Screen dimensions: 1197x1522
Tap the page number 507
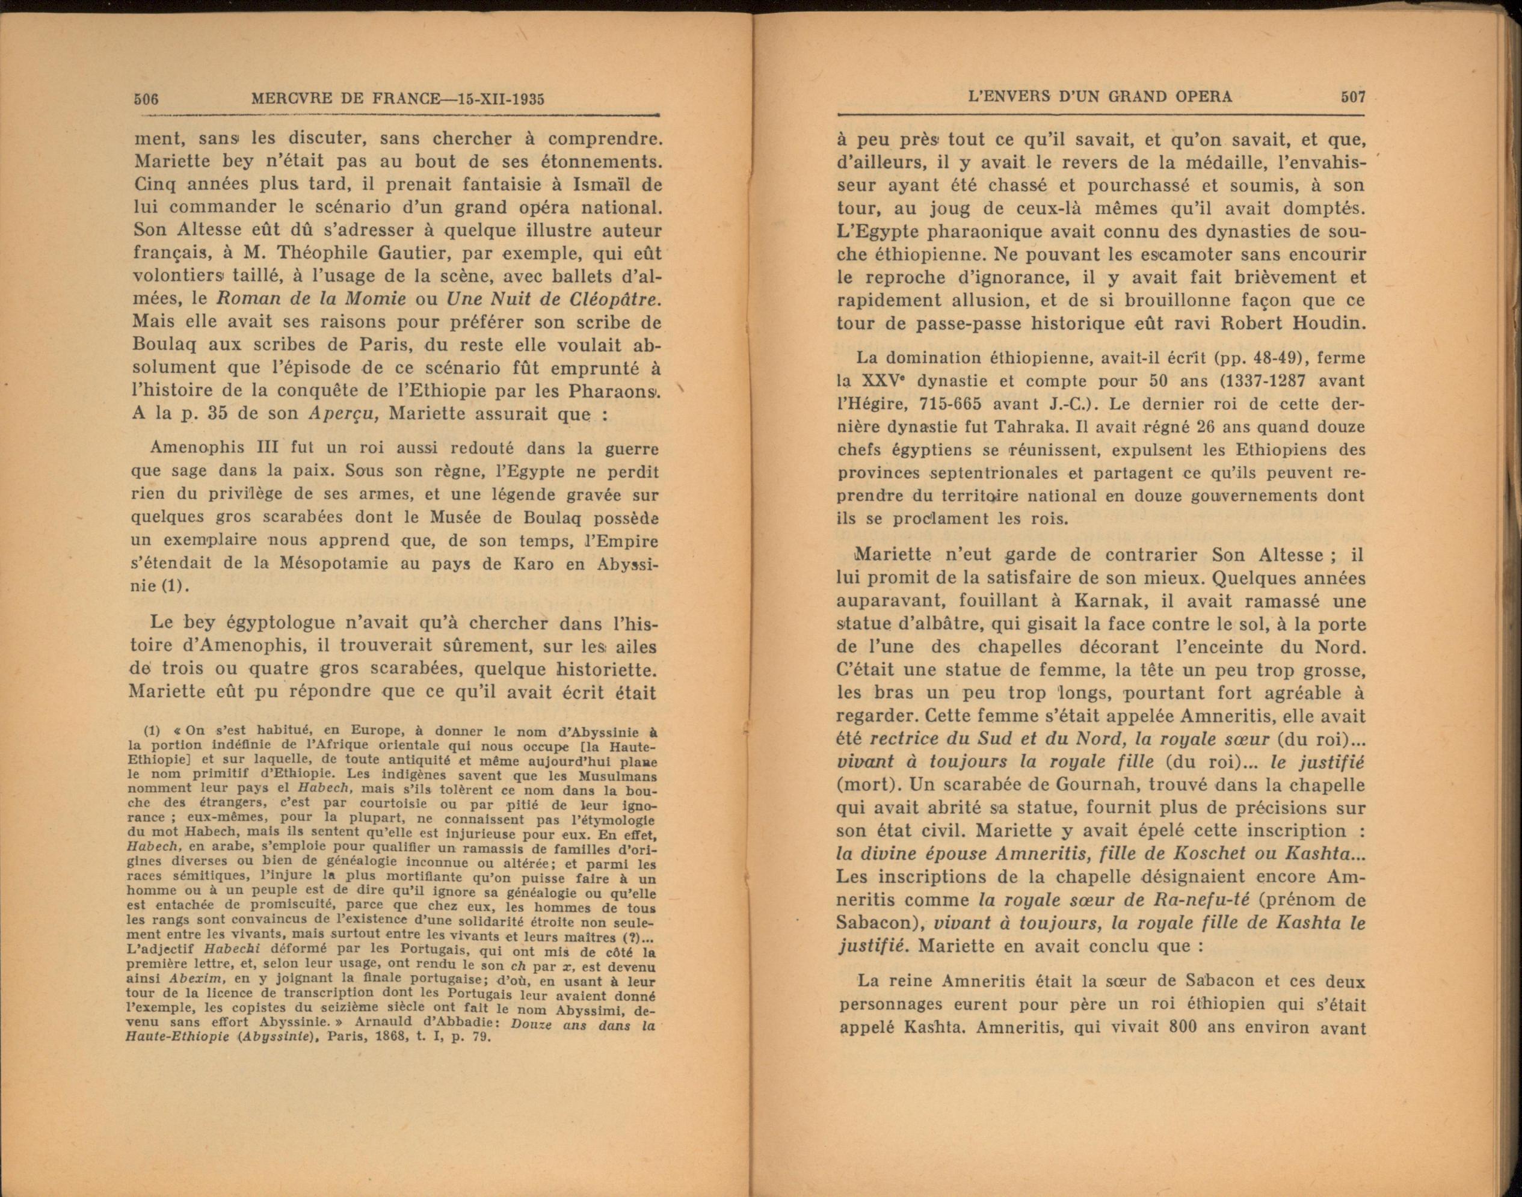[x=1352, y=97]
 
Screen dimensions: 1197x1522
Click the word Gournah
[x=1095, y=784]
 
